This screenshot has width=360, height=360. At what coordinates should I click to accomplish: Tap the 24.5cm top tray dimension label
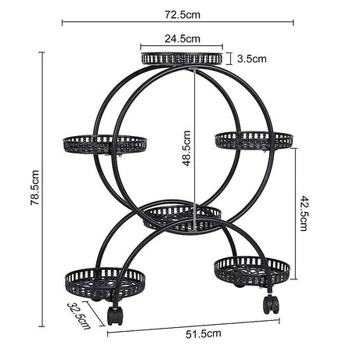point(182,38)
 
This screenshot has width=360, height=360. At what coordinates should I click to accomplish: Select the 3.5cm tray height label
point(253,58)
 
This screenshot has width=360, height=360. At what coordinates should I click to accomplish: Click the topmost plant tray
point(182,57)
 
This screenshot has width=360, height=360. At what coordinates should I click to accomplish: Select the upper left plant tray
point(105,143)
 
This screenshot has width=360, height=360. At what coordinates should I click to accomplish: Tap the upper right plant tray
point(254,140)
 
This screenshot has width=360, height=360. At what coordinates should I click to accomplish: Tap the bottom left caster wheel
point(115,315)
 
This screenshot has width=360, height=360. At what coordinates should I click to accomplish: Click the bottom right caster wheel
point(270,304)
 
